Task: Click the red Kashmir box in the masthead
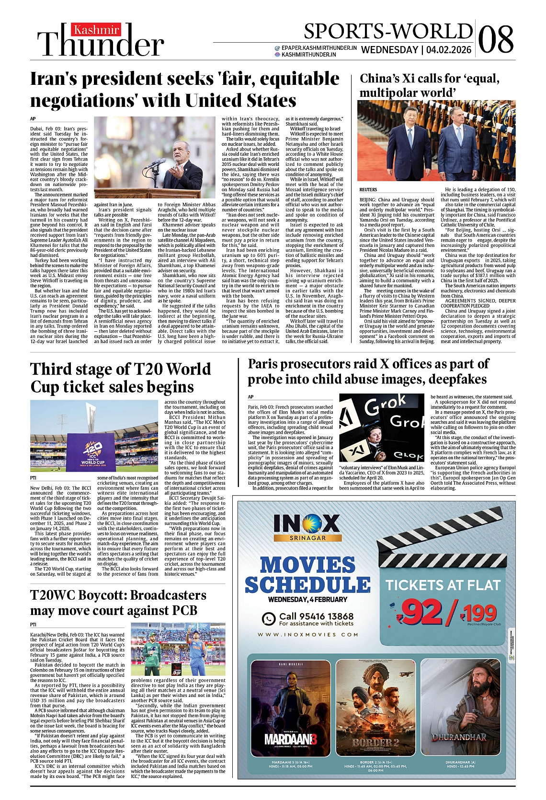pos(96,30)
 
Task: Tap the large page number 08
pos(496,39)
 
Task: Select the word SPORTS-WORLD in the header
pos(388,32)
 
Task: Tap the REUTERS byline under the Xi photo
pos(368,190)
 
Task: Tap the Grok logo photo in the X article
pos(382,428)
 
